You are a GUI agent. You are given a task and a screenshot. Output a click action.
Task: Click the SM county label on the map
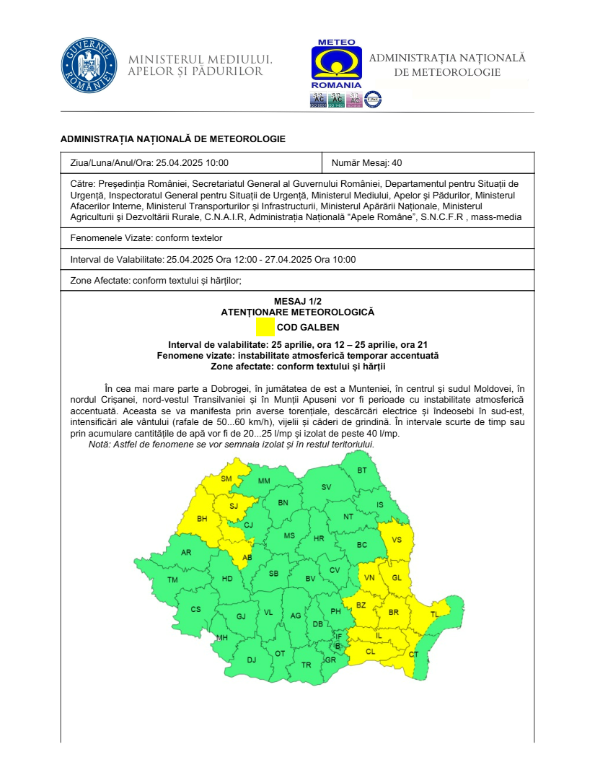click(226, 479)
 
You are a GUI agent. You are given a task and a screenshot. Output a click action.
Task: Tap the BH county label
click(202, 518)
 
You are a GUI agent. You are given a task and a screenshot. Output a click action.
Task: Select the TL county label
click(434, 614)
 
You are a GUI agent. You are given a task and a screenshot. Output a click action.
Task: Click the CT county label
click(413, 655)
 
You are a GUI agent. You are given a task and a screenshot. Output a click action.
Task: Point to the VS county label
click(397, 539)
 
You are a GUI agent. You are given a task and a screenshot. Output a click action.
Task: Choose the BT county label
click(362, 471)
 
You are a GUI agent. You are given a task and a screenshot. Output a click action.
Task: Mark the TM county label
click(172, 580)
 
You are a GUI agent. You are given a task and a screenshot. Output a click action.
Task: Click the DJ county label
click(251, 660)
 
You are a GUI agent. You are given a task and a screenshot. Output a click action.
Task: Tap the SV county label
click(326, 487)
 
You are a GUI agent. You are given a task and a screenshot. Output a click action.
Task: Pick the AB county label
click(247, 558)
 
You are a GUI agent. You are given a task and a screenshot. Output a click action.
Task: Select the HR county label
click(319, 538)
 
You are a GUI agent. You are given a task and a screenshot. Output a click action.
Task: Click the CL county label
click(371, 651)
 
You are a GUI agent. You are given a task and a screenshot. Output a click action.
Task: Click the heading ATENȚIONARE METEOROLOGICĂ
click(297, 312)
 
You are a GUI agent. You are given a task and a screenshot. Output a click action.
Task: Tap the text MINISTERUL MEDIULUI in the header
click(200, 59)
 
